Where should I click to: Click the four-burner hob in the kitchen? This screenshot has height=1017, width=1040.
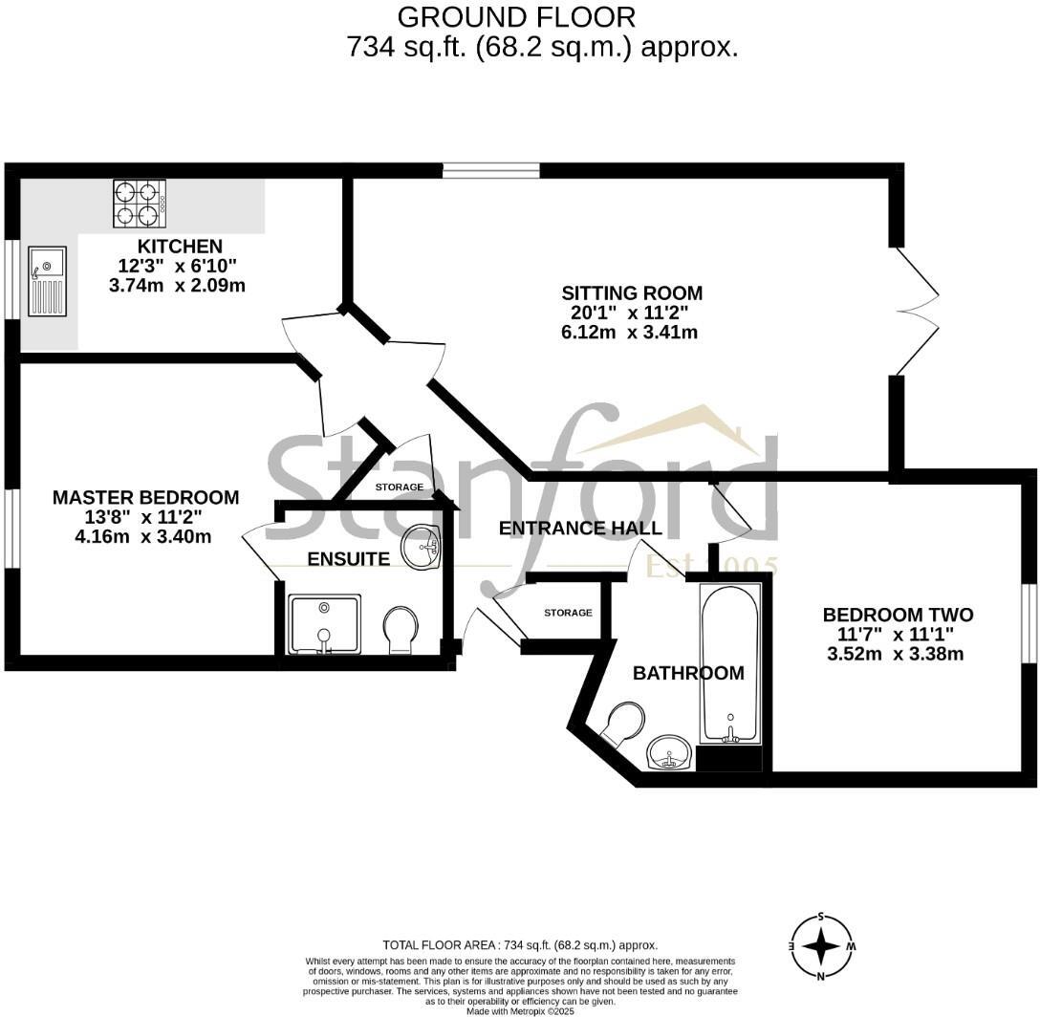coord(140,204)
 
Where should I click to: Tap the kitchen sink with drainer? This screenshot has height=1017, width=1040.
coord(47,280)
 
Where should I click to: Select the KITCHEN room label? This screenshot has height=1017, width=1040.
coord(180,247)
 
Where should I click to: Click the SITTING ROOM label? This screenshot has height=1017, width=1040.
coord(631,293)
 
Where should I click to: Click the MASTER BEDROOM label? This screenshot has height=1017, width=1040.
coord(145,497)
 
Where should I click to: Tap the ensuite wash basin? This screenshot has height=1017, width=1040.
coord(422,547)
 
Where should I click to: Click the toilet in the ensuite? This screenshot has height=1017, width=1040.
coord(400,631)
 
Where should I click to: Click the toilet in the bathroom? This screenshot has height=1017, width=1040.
coord(622,724)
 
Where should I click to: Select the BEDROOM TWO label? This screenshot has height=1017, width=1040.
coord(898,615)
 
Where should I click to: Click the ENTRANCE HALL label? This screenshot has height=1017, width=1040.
coord(580,529)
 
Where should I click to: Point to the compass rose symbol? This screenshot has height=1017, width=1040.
coord(821,946)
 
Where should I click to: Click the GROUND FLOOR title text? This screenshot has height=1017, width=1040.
coord(516,16)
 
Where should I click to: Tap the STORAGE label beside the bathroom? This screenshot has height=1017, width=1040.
coord(568,613)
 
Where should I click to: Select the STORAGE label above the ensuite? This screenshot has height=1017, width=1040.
coord(399,487)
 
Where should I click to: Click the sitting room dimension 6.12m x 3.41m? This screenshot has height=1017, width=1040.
coord(629,333)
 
